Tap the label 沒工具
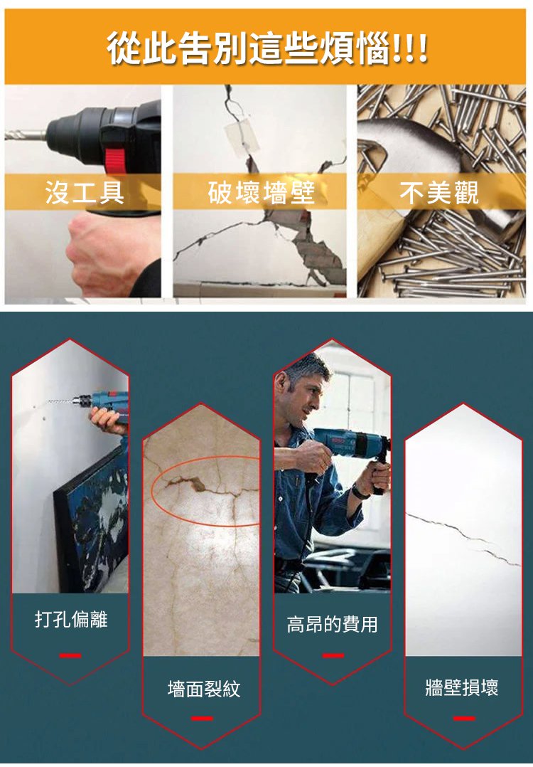(x=85, y=192)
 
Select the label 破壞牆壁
(x=261, y=192)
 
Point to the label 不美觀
(x=438, y=192)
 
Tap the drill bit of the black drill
(x=26, y=134)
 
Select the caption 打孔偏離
(x=71, y=619)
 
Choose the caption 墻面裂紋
(x=204, y=689)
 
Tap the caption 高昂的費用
(x=332, y=624)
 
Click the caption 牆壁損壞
(x=462, y=687)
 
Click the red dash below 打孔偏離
(x=70, y=655)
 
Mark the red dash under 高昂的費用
(x=333, y=655)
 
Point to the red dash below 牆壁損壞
(x=464, y=718)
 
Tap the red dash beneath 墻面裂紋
(x=202, y=718)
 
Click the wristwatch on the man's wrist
(x=359, y=491)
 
